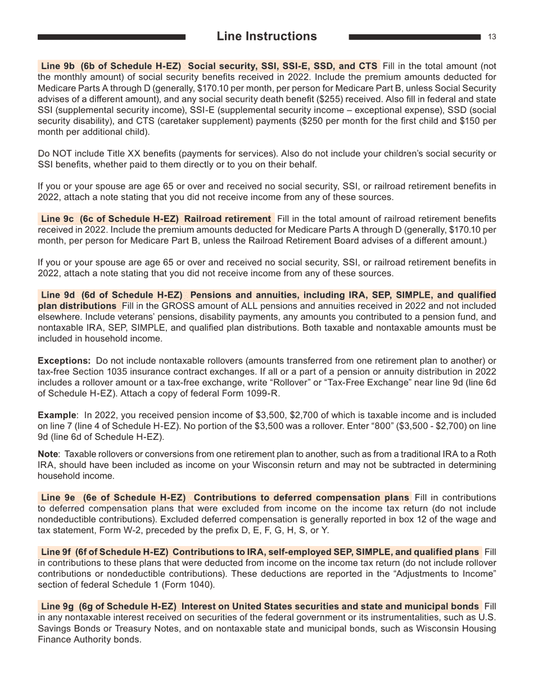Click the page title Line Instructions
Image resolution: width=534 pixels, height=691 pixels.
(x=266, y=37)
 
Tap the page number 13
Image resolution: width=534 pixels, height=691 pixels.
(x=492, y=37)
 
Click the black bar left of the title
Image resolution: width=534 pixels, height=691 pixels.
(x=111, y=37)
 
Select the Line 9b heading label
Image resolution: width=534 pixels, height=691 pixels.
(x=58, y=66)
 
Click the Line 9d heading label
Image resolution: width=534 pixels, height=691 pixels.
(x=58, y=295)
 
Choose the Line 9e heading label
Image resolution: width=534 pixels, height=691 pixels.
(x=58, y=498)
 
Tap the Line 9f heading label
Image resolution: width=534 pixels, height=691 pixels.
(x=57, y=552)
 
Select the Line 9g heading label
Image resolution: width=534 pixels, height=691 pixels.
(x=58, y=607)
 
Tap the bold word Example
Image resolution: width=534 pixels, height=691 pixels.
(x=57, y=415)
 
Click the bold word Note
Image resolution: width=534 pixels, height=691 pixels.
(x=48, y=454)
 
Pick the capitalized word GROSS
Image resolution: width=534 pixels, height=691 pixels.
(x=177, y=306)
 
